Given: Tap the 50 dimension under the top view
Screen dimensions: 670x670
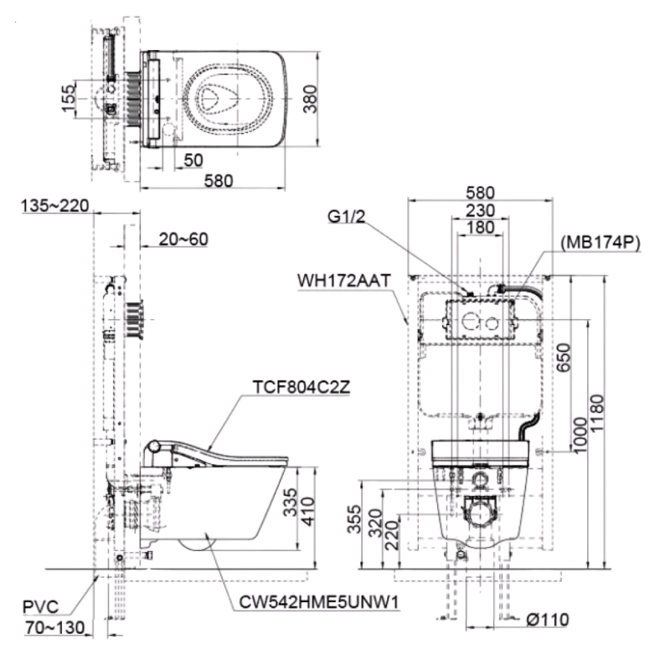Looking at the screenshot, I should pyautogui.click(x=194, y=160).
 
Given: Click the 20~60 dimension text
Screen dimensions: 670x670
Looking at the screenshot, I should pyautogui.click(x=183, y=240).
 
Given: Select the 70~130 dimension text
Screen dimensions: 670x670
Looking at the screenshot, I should pyautogui.click(x=52, y=626).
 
